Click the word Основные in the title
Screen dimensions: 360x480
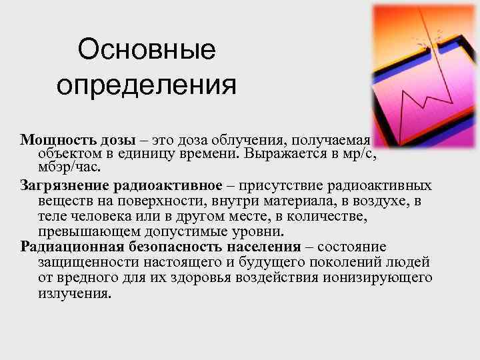pyautogui.click(x=146, y=51)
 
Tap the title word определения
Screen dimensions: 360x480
pyautogui.click(x=146, y=85)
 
